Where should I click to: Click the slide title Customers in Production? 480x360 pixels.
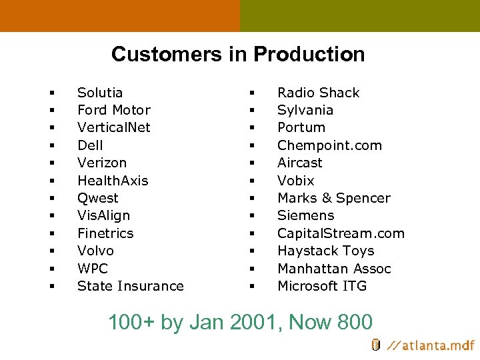[x=238, y=54]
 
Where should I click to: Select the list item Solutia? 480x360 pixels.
[x=100, y=93]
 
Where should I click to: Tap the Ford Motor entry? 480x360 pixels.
[x=114, y=110]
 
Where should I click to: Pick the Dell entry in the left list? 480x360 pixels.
[x=90, y=145]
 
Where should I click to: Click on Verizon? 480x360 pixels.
[x=102, y=163]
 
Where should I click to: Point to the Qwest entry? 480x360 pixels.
[x=98, y=198]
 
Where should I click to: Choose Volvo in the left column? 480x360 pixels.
[x=95, y=251]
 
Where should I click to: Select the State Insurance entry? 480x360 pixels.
[x=130, y=286]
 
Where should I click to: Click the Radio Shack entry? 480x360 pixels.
[x=318, y=93]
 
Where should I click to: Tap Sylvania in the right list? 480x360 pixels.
[x=305, y=110]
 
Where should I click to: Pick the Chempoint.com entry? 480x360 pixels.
[x=329, y=145]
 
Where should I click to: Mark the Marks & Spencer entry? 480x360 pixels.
[x=333, y=198]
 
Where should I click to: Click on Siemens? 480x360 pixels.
[x=306, y=215]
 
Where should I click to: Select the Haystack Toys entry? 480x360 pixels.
[x=325, y=251]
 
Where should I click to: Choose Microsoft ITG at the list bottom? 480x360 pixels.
[x=322, y=286]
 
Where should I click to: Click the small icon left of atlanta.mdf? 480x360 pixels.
[x=376, y=345]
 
